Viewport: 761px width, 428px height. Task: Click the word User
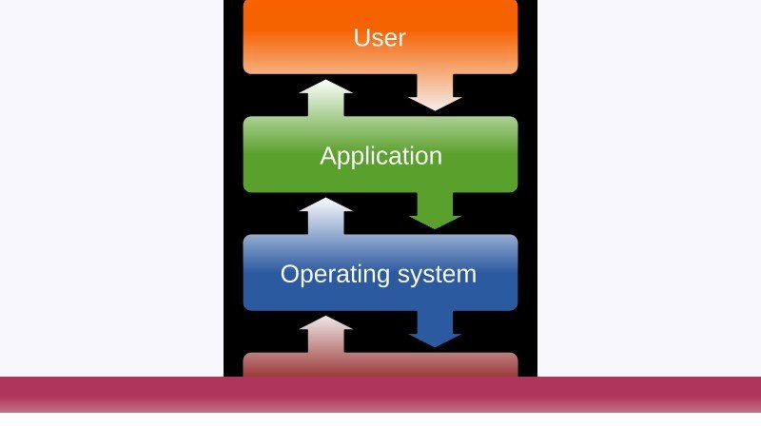[x=380, y=38]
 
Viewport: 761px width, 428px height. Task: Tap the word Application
[x=381, y=156]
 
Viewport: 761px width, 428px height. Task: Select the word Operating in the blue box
[x=336, y=275]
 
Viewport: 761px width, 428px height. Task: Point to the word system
[x=437, y=275]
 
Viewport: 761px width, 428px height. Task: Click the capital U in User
[x=361, y=38]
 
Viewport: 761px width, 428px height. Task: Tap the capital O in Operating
[x=290, y=274]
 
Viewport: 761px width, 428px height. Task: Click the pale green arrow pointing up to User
[x=325, y=98]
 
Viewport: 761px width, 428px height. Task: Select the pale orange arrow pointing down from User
[x=435, y=92]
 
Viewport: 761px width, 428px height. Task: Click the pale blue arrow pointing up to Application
[x=325, y=217]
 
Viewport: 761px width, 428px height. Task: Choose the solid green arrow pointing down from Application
[x=435, y=210]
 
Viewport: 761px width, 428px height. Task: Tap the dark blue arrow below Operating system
[x=435, y=329]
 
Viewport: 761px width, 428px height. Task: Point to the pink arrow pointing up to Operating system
[x=325, y=335]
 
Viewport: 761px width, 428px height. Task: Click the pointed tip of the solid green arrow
[x=435, y=229]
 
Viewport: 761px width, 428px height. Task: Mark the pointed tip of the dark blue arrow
[x=435, y=347]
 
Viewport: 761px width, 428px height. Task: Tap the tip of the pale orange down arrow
[x=435, y=110]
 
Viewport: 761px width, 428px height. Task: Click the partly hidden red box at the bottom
[x=380, y=365]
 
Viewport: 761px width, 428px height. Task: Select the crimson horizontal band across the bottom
[x=380, y=395]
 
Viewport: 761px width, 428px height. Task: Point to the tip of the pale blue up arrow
[x=325, y=198]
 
